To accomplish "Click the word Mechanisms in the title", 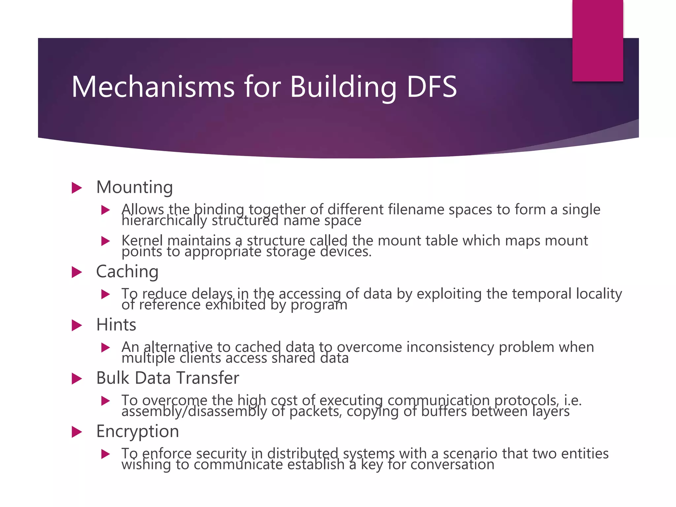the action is click(x=153, y=86).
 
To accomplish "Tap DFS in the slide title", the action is click(x=431, y=86).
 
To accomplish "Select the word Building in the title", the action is click(x=343, y=86).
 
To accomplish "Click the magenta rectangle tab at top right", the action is click(x=597, y=40).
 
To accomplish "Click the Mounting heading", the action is click(x=134, y=187).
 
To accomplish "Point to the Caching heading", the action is click(x=127, y=272).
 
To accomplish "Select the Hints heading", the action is click(x=116, y=325).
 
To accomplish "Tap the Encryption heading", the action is click(x=137, y=431).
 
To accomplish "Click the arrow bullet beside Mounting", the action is click(x=77, y=188).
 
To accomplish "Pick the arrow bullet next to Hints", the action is click(x=77, y=325).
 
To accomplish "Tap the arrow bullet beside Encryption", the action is click(x=77, y=432).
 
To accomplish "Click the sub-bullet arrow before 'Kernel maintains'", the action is click(x=105, y=241).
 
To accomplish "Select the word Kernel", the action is click(x=142, y=241).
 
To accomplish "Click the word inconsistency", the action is click(x=450, y=347).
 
